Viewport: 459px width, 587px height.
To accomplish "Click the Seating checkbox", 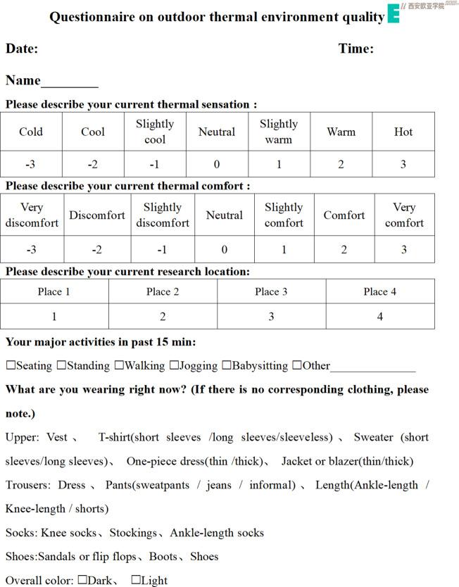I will pos(11,366).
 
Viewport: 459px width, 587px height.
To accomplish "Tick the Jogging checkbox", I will pos(174,366).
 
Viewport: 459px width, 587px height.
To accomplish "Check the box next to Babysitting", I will pos(227,366).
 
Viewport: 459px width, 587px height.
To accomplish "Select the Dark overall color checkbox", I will pos(82,580).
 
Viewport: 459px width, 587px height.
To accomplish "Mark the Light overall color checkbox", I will pos(136,580).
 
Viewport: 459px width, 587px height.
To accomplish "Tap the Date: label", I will pos(22,49).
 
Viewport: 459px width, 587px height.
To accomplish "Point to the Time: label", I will pos(356,49).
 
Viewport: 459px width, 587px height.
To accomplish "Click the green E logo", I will pos(393,13).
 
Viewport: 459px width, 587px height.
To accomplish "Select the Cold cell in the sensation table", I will pos(31,132).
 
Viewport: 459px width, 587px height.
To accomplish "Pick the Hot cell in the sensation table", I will pos(403,132).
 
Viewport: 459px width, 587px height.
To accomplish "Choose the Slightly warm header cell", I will pos(279,132).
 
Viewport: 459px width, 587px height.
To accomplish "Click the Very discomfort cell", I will pos(32,215).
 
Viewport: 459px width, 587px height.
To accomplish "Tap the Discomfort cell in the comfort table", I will pos(97,215).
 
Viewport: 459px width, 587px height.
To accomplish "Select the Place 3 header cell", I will pos(271,291).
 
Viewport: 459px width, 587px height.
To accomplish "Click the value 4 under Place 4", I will pos(380,317).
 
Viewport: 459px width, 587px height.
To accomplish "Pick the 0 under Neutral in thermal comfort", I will pos(225,249).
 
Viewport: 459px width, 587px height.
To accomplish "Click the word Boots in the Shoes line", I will pos(163,557).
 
